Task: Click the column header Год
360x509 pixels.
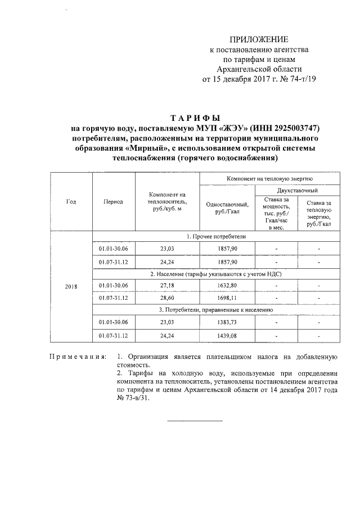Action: pyautogui.click(x=71, y=201)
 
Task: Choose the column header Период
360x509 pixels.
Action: pyautogui.click(x=113, y=201)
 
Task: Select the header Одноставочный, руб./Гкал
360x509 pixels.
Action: pyautogui.click(x=227, y=208)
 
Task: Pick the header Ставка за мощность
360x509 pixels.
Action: pyautogui.click(x=276, y=213)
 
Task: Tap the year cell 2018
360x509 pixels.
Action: pyautogui.click(x=71, y=286)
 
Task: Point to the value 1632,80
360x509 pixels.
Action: pyautogui.click(x=227, y=286)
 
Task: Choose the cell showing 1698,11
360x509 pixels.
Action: pyautogui.click(x=227, y=298)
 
